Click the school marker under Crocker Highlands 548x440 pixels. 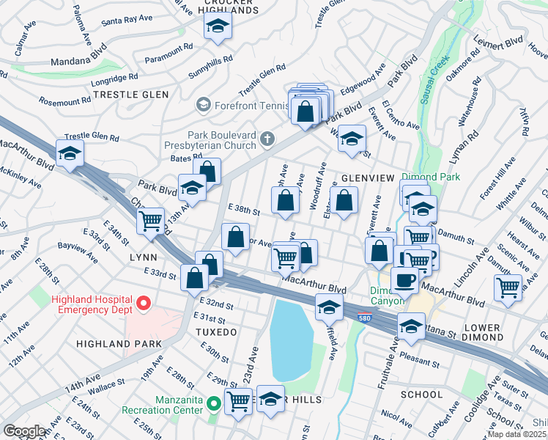(218, 27)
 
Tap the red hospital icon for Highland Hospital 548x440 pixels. (144, 301)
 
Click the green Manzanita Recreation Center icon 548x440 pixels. (213, 403)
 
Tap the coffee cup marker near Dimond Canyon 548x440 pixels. (404, 279)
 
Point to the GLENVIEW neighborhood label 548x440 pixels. (367, 178)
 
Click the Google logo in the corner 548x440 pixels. (25, 430)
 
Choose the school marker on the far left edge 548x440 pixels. (70, 154)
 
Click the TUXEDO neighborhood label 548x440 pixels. (215, 332)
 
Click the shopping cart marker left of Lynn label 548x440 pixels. (151, 220)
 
